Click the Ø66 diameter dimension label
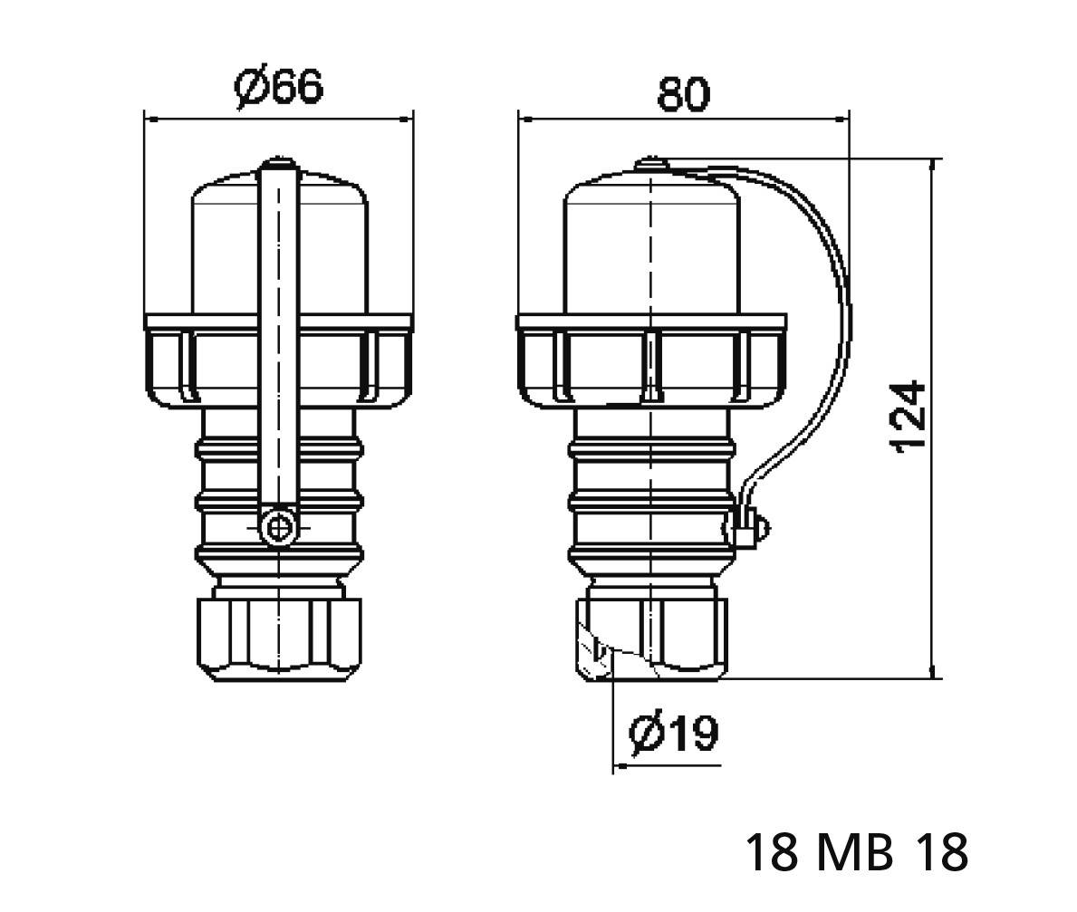278,88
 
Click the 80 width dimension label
683,93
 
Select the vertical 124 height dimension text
909,418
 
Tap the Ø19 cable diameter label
674,734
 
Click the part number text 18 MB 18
856,852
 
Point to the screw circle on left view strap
278,527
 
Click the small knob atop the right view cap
650,165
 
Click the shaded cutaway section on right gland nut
593,648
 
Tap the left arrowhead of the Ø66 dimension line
151,119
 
